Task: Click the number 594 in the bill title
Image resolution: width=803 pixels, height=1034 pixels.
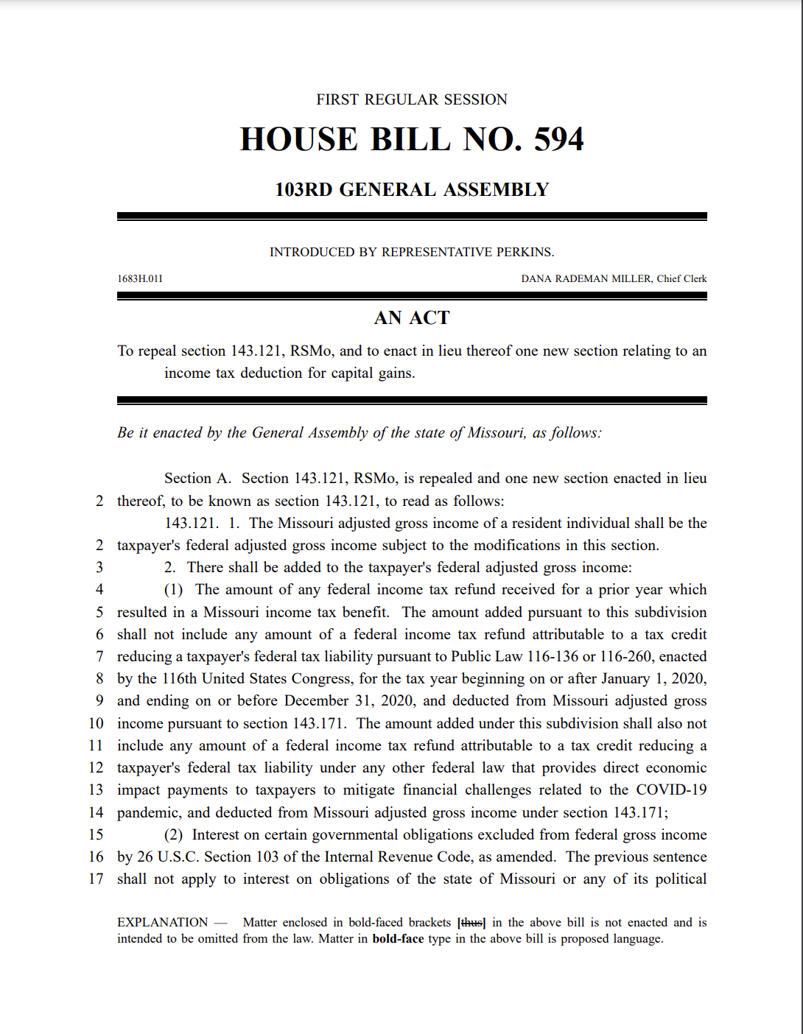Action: coord(558,139)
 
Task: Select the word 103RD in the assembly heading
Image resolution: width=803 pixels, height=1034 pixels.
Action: coord(304,190)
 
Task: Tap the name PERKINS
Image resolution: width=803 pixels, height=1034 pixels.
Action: coord(525,252)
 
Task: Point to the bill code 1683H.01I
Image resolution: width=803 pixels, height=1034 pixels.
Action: coord(140,279)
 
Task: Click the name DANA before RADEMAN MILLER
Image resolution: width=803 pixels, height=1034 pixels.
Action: coord(535,279)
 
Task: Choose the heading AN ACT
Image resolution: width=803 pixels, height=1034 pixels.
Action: coord(412,318)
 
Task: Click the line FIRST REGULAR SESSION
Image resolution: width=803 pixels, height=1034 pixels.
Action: coord(412,99)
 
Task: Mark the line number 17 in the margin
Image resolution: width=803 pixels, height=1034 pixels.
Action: coord(96,879)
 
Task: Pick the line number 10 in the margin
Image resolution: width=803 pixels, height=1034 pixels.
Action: coord(96,724)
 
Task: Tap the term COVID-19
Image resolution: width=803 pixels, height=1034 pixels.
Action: coord(671,790)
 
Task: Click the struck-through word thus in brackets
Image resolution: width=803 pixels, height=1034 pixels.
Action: coord(471,923)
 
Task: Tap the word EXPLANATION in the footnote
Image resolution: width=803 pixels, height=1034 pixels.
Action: coord(162,923)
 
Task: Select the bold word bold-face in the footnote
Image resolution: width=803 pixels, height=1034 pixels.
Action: coord(398,939)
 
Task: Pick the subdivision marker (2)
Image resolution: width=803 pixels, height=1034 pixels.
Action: coord(173,835)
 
